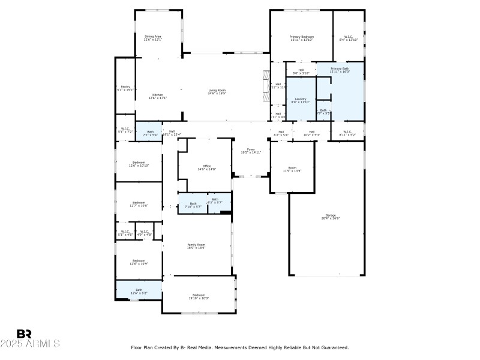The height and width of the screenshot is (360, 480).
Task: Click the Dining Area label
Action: point(152,38)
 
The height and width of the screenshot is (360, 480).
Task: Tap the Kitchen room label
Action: point(157,96)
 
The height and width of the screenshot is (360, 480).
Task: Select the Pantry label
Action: point(125,88)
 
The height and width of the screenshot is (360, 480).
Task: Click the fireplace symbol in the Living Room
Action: point(266,84)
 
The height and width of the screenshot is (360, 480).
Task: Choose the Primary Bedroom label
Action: point(302,38)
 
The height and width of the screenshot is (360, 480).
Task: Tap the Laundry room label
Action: point(301,100)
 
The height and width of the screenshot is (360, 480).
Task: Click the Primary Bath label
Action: point(340,70)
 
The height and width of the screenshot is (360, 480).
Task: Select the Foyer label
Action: point(251,151)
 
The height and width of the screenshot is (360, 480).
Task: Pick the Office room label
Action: point(206,167)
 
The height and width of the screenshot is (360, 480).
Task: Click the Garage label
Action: point(331,216)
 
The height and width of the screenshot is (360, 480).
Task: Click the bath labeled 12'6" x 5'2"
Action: point(139,291)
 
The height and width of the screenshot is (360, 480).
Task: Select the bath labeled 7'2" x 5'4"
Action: point(150,133)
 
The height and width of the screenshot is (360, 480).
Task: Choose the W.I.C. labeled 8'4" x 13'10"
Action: point(348,38)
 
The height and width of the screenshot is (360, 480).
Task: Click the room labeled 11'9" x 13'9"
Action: point(292,169)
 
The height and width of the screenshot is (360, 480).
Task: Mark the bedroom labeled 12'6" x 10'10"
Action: point(139,164)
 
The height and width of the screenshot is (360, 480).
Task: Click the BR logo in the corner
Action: point(24,334)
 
